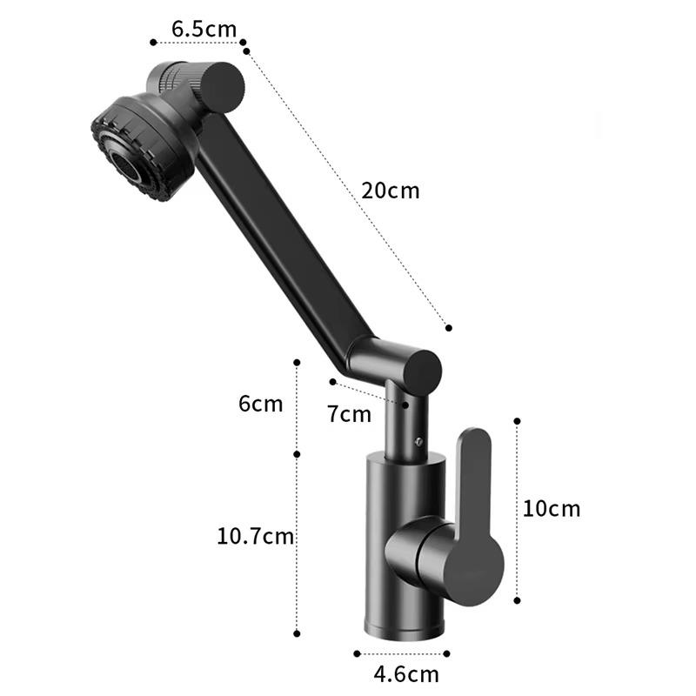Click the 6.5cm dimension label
204,28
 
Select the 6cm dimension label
261,405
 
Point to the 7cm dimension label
349,414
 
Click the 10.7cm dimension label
256,537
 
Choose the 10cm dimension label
551,509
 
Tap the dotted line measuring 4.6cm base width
405,652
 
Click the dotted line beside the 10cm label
519,509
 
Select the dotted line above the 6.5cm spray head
197,41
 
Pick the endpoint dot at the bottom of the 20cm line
449,328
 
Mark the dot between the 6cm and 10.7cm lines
297,453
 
